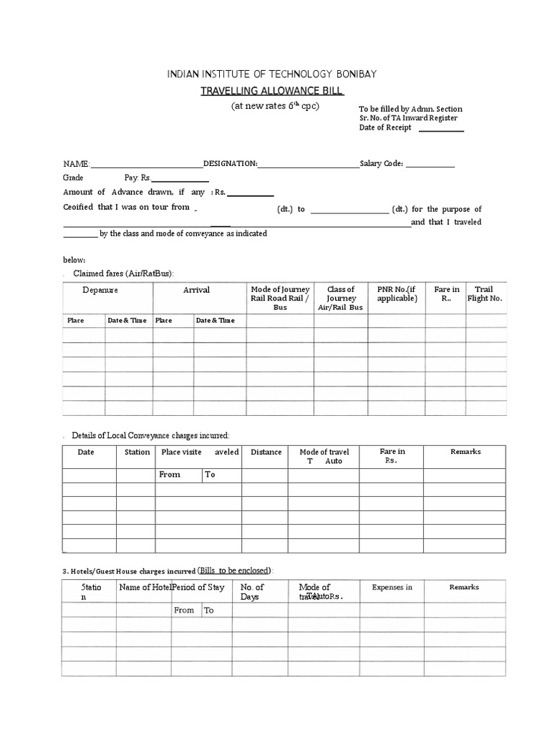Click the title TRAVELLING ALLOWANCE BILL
[271, 91]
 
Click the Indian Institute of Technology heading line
[271, 74]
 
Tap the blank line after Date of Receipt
[440, 130]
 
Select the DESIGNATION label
[231, 164]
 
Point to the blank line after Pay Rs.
[180, 179]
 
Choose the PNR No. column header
[397, 293]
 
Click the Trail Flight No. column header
[484, 293]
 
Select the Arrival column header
[196, 290]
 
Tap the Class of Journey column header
[341, 298]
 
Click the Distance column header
[266, 452]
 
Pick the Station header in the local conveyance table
[137, 452]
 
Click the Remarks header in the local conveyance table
[465, 452]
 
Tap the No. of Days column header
[251, 592]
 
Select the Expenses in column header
[392, 588]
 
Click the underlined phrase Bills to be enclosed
[234, 571]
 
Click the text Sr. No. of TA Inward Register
[408, 118]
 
